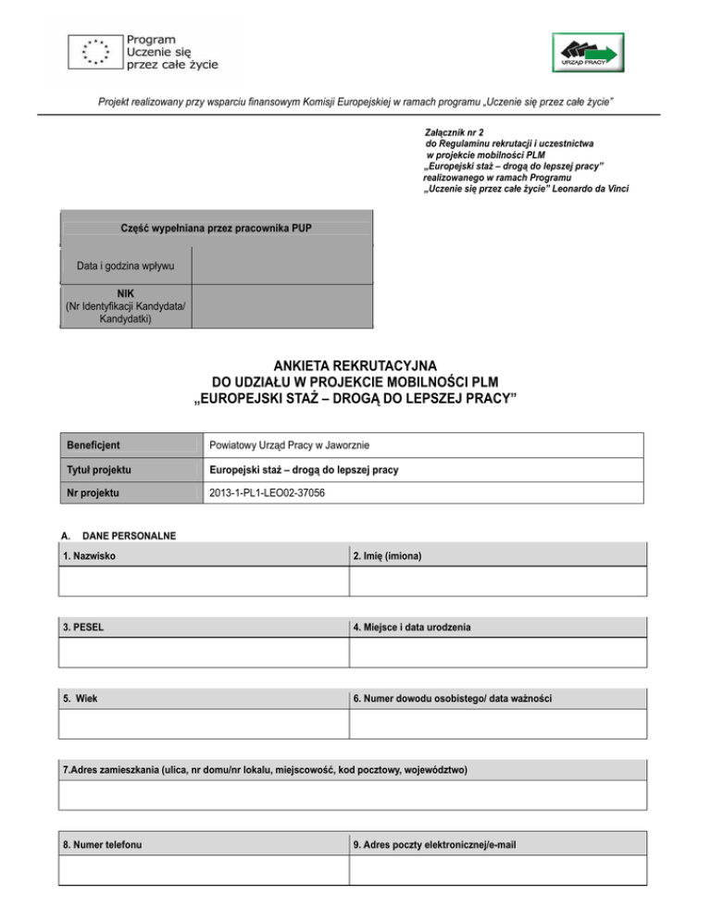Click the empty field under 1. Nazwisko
(x=203, y=581)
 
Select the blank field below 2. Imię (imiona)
(x=497, y=581)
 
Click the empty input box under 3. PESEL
(x=203, y=653)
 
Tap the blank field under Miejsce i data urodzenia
(x=497, y=653)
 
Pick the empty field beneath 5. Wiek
(x=203, y=723)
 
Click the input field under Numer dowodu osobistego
(x=497, y=723)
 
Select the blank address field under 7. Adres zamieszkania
(x=355, y=794)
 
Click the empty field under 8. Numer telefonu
(x=203, y=870)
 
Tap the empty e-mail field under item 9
(x=497, y=870)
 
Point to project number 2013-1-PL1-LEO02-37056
(x=268, y=493)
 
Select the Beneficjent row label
(x=92, y=445)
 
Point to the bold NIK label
(x=125, y=293)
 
